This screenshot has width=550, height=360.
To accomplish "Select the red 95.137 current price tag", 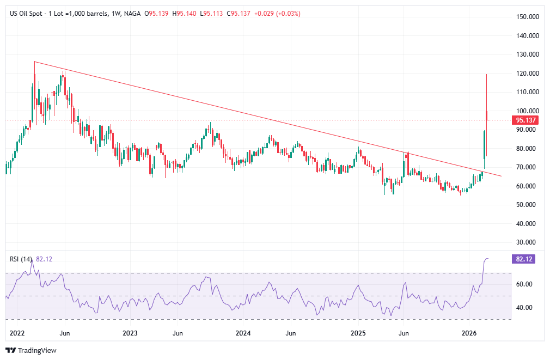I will [x=525, y=120].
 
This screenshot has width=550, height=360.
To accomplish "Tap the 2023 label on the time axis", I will [x=130, y=332].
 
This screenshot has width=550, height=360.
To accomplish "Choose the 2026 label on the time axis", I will [x=469, y=332].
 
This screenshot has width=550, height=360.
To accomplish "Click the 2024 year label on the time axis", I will [x=243, y=332].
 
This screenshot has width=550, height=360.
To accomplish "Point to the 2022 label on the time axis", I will [x=18, y=332].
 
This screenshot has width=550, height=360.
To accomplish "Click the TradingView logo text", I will [x=37, y=350].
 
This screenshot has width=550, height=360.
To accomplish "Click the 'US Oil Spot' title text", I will [x=27, y=13].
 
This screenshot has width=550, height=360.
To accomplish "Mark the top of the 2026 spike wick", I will [x=486, y=74].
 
